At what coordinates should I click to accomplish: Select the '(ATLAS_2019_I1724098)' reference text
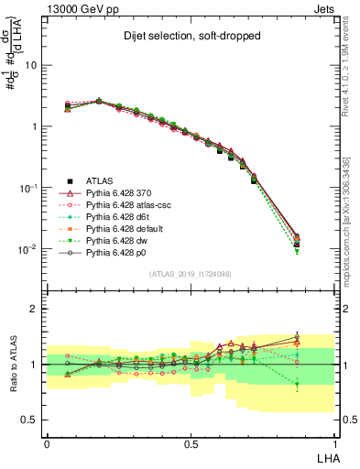pos(191,274)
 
